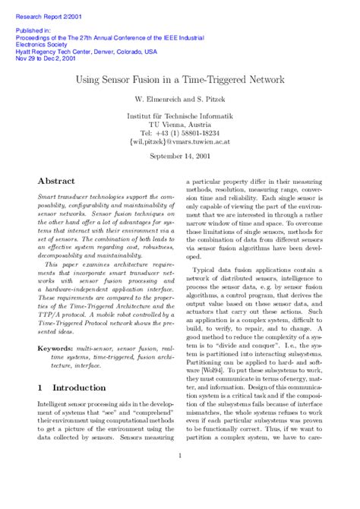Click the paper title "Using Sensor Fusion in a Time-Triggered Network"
179,79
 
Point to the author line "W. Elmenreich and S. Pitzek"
179,100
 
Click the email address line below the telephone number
179,141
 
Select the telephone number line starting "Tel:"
179,132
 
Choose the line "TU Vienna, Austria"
179,123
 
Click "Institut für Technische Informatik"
179,114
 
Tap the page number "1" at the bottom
179,456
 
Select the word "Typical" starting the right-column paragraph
206,270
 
